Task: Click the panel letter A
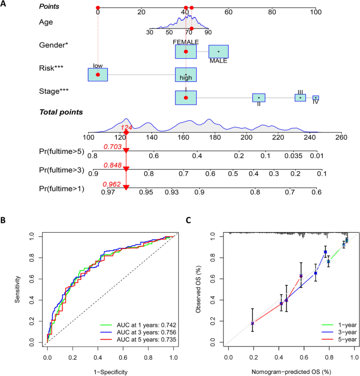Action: point(4,5)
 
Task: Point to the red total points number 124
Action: point(126,128)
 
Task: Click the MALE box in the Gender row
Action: point(218,51)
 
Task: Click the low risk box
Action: point(98,75)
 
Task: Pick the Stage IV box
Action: point(315,98)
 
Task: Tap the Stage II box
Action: point(259,98)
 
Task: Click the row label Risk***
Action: point(52,68)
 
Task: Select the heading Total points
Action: point(60,112)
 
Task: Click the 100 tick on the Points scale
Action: point(315,12)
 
